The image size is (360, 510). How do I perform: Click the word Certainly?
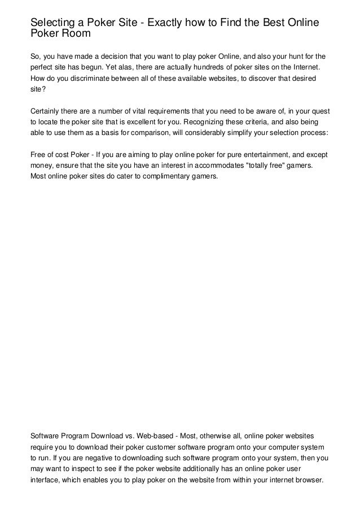click(48, 111)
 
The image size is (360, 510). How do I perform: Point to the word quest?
click(321, 111)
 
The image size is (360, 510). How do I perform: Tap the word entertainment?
click(261, 154)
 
